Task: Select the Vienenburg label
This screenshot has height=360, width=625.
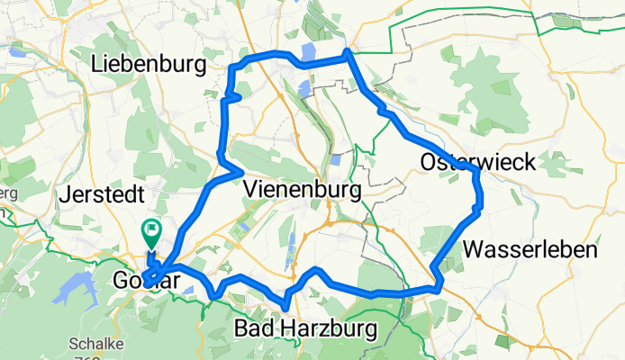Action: point(302,190)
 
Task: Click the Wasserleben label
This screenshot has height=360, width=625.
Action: point(531,249)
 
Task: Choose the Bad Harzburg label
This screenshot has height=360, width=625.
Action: point(305,328)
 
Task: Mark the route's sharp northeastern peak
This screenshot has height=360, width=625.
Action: point(347,55)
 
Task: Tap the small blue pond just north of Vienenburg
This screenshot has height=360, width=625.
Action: point(335,159)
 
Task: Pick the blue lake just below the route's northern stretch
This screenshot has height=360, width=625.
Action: point(303,87)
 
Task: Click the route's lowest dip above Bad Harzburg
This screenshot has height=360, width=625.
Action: point(285,307)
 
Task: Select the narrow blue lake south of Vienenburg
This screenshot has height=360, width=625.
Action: point(289,263)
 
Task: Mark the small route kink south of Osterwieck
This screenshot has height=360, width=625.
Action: point(477,210)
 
